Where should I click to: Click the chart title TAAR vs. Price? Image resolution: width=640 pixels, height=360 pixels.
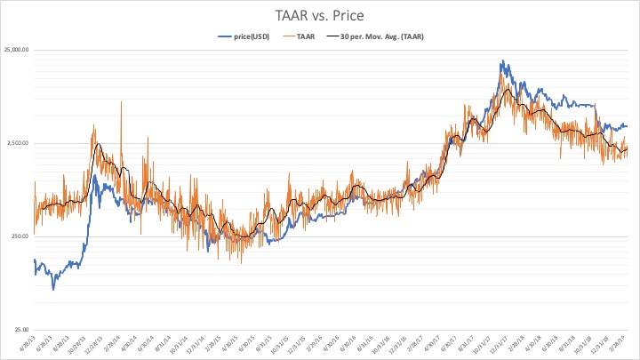point(319,15)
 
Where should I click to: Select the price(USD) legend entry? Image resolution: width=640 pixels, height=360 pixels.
point(244,36)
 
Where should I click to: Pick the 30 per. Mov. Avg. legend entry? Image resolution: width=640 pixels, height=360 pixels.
point(371,36)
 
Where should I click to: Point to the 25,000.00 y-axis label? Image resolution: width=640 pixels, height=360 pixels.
point(16,50)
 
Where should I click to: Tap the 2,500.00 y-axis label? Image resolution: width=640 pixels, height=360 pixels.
point(18,143)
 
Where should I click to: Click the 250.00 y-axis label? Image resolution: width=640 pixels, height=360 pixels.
point(20,236)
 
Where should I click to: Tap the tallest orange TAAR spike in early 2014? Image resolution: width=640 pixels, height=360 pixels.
point(121,102)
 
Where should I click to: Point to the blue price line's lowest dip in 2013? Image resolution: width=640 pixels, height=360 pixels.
point(53,289)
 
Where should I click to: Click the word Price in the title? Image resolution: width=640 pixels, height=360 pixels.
point(346,15)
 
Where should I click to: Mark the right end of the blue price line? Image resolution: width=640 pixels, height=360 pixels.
point(626,125)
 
